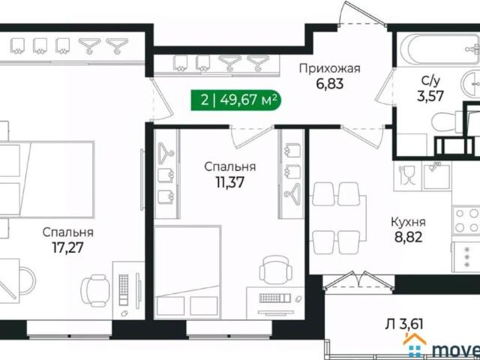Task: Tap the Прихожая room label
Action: [x=330, y=69]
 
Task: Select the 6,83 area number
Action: [x=330, y=85]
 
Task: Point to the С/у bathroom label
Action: [x=430, y=79]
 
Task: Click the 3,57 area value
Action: [x=430, y=95]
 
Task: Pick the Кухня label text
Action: [x=409, y=222]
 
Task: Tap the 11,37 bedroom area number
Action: [x=230, y=181]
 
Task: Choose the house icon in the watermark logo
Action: [x=415, y=346]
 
